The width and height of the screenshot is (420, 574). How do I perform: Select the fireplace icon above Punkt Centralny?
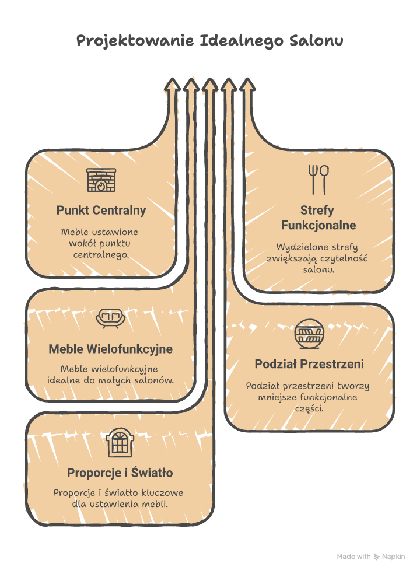click(101, 181)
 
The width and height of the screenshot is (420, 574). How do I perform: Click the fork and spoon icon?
click(318, 179)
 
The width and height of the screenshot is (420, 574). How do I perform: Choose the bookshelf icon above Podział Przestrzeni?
click(309, 334)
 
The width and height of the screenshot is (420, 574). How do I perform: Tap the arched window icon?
click(120, 443)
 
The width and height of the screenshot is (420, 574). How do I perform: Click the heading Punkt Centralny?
click(101, 210)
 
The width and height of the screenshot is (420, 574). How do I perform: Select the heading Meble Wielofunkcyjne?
click(110, 349)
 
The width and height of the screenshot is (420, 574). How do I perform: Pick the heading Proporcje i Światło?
click(120, 473)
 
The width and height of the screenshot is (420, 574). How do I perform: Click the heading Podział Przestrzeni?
click(309, 364)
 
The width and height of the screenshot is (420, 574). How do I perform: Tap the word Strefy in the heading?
click(318, 210)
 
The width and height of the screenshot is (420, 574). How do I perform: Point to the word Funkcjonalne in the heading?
click(318, 225)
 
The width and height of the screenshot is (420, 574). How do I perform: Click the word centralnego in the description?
click(101, 256)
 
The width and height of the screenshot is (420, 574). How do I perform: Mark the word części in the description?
click(309, 408)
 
